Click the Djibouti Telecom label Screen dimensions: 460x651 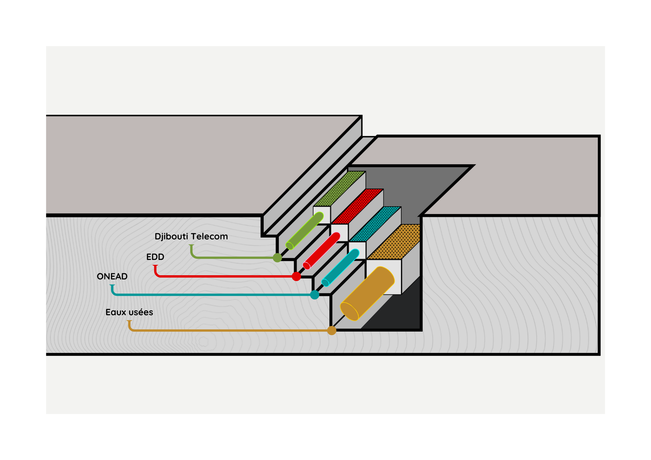click(x=191, y=237)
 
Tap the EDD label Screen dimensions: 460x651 click(x=155, y=257)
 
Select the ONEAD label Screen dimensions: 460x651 click(x=112, y=277)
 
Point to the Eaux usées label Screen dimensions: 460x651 click(x=129, y=312)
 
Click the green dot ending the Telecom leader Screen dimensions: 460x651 click(x=277, y=258)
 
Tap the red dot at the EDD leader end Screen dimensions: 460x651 click(x=296, y=277)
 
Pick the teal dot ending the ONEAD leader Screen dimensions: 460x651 click(x=314, y=295)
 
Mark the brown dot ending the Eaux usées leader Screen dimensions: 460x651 click(x=331, y=331)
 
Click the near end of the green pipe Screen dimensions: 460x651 click(x=290, y=246)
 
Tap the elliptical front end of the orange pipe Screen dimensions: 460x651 click(x=349, y=311)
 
